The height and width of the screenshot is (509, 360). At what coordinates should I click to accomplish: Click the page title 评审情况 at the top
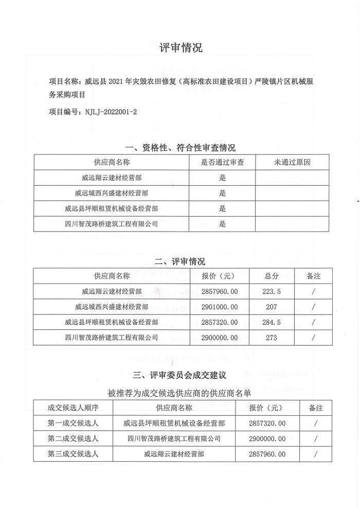(x=181, y=48)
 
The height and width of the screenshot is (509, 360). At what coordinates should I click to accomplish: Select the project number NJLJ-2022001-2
(x=112, y=111)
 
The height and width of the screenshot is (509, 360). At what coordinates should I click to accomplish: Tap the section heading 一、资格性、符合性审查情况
(x=180, y=148)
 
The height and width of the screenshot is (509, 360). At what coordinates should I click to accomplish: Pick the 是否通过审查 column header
(x=222, y=162)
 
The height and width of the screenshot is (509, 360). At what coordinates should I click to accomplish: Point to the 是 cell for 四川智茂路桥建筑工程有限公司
(x=223, y=224)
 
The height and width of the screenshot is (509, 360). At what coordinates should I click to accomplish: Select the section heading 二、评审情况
(x=180, y=261)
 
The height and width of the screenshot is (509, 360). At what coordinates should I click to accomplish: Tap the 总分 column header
(x=272, y=276)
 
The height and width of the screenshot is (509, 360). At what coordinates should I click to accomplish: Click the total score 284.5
(x=272, y=322)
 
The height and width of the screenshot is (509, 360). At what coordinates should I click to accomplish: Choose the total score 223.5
(x=272, y=291)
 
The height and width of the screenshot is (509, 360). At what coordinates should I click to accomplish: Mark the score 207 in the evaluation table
(x=272, y=307)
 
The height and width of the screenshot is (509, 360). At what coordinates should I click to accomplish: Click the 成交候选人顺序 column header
(x=73, y=408)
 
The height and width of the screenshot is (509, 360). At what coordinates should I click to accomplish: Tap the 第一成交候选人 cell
(x=73, y=423)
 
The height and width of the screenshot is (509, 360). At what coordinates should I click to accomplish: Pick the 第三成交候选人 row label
(x=73, y=454)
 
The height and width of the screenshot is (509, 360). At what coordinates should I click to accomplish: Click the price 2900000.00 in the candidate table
(x=267, y=438)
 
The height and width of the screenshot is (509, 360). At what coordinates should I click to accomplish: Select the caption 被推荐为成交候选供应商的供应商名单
(x=180, y=393)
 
